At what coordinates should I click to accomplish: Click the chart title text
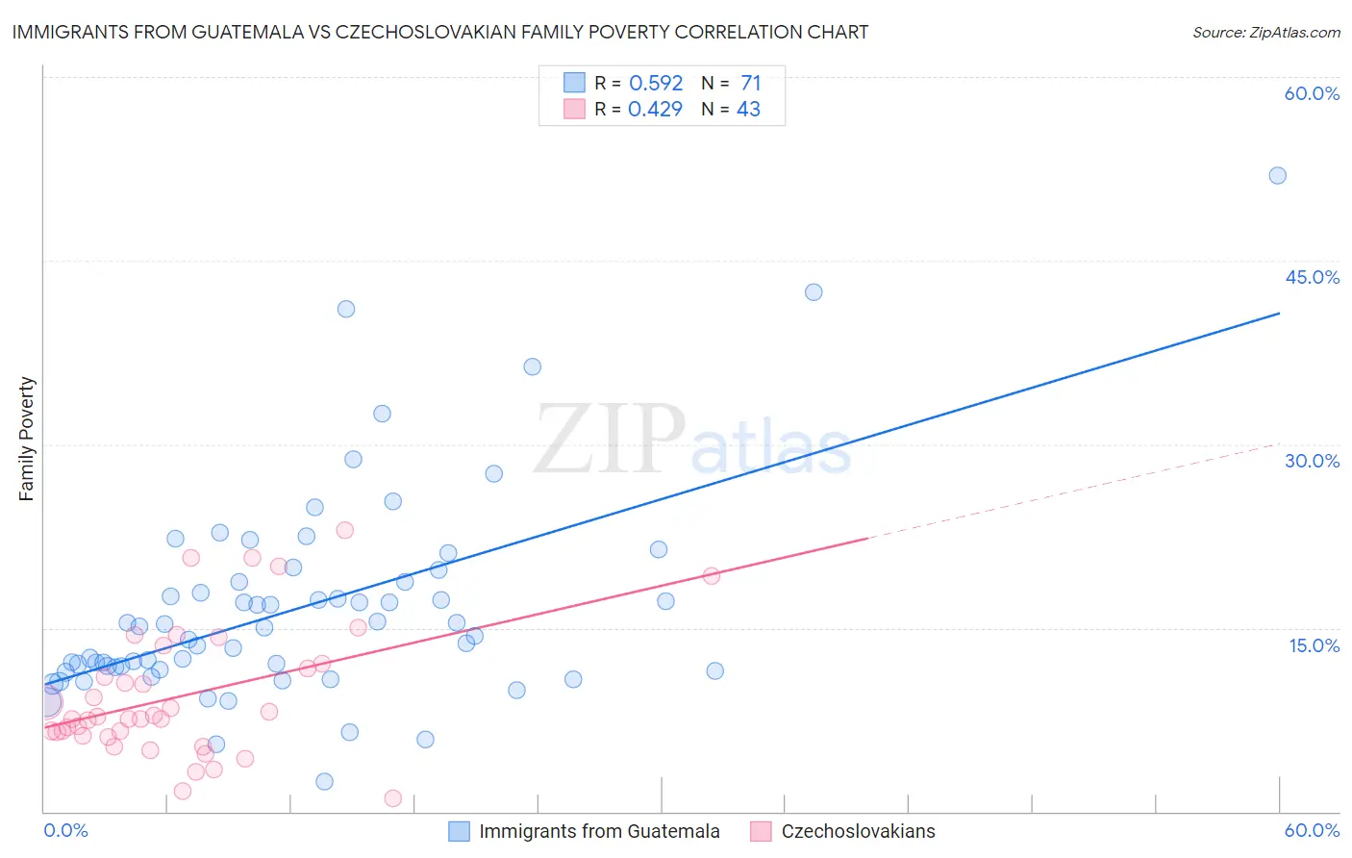click(439, 32)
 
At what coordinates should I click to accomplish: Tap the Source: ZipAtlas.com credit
click(1265, 32)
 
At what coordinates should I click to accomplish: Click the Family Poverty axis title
click(27, 439)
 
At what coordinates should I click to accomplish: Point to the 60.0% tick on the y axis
click(1312, 93)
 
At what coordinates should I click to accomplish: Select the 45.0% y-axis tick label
click(1312, 277)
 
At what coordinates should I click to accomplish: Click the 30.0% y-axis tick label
click(1312, 461)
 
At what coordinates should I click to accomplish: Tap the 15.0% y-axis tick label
click(1314, 645)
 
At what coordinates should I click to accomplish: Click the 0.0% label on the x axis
click(65, 830)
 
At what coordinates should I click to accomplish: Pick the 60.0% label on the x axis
click(1312, 830)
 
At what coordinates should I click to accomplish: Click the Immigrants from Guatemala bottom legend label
click(599, 831)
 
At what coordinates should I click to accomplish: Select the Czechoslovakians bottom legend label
click(858, 831)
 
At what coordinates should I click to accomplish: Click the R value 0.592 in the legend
click(656, 83)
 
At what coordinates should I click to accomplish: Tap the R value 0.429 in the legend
click(655, 109)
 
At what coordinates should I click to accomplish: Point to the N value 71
click(750, 83)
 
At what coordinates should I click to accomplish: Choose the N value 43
click(748, 109)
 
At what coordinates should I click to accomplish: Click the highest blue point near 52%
click(1277, 175)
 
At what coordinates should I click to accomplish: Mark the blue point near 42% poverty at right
click(814, 292)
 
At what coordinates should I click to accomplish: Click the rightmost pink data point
click(712, 575)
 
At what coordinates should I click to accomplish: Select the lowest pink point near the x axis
click(392, 798)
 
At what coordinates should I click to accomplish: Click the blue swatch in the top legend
click(574, 83)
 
